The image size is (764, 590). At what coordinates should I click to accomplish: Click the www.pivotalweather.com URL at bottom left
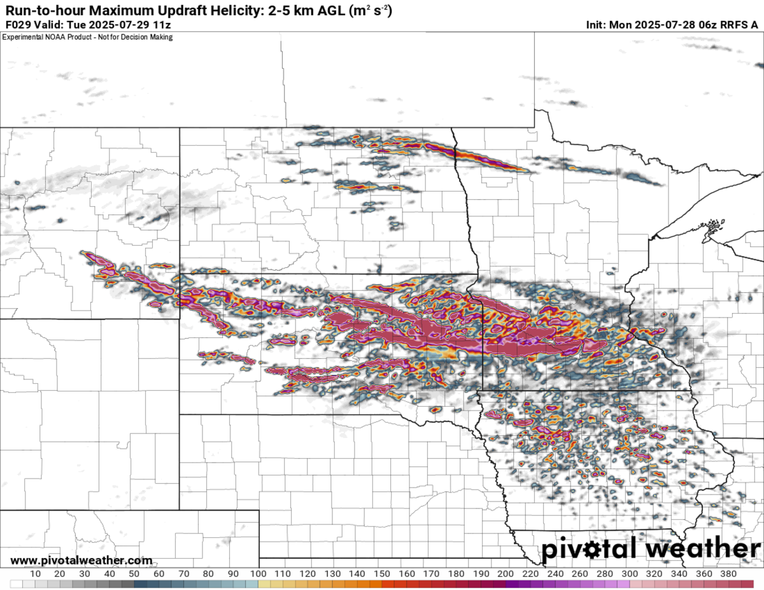(x=81, y=561)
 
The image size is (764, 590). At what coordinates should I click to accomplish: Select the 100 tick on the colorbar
(x=258, y=573)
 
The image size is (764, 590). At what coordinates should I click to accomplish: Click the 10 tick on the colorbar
(x=35, y=573)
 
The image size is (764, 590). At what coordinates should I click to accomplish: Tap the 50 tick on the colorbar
(x=134, y=573)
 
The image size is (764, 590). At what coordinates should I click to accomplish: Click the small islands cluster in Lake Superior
(x=716, y=225)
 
